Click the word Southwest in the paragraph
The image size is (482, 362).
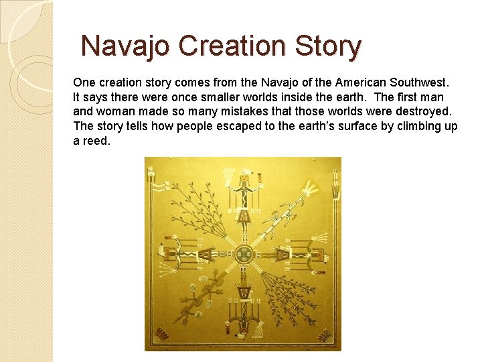418,83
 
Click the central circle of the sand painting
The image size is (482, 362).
243,255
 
